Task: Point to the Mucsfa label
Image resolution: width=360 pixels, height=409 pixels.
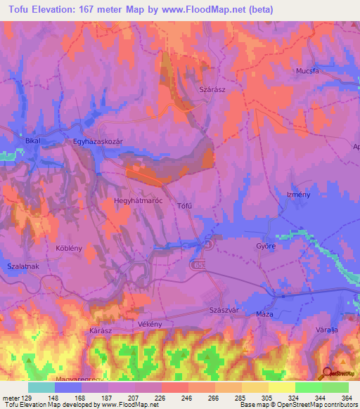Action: [x=307, y=71]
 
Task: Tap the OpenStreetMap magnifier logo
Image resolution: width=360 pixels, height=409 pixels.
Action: [x=326, y=373]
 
